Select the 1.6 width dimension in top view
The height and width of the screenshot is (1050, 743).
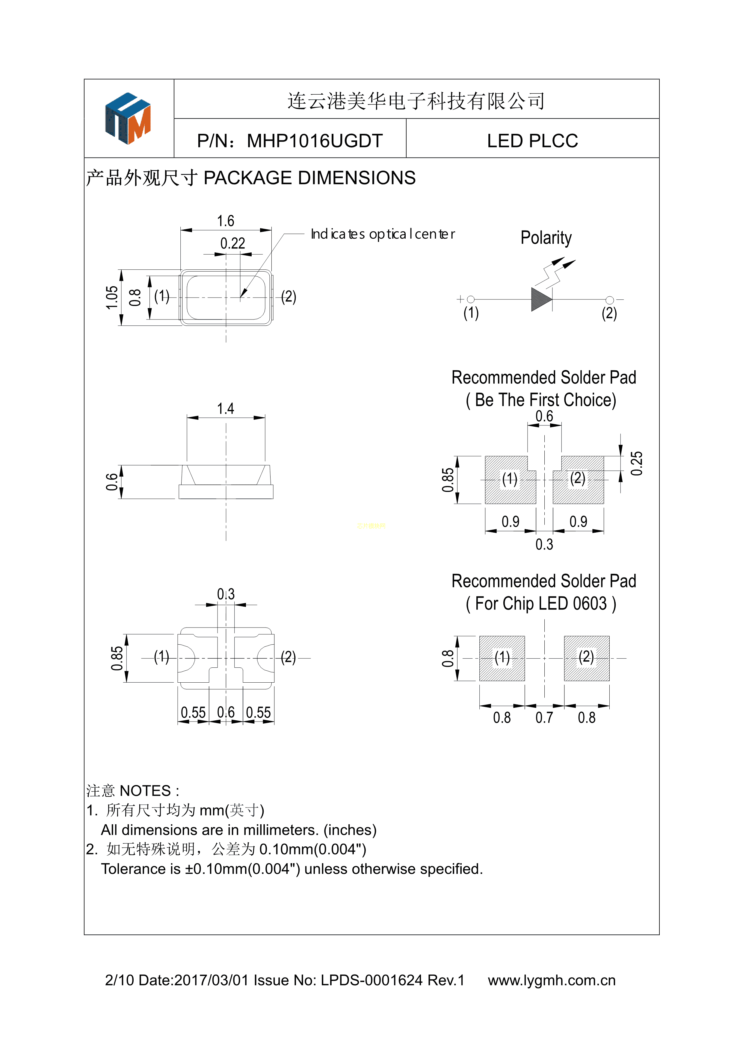[x=226, y=221]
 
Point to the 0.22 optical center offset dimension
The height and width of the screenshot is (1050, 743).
[x=232, y=243]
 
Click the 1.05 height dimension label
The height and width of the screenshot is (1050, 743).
[x=112, y=298]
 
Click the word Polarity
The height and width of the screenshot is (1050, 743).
[x=546, y=238]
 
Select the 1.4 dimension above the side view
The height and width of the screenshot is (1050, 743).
[x=226, y=408]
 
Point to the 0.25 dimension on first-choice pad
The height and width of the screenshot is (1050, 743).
[x=636, y=463]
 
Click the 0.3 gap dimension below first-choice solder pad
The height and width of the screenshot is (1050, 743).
[x=544, y=544]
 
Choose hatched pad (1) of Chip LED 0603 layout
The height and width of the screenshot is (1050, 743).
[x=502, y=658]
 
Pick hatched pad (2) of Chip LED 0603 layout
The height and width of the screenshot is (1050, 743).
[x=587, y=658]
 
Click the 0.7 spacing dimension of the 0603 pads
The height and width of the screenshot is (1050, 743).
[x=544, y=718]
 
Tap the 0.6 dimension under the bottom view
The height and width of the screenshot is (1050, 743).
[x=226, y=712]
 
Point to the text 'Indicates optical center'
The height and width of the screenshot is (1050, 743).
[x=383, y=234]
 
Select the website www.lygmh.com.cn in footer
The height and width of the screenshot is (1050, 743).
[x=551, y=980]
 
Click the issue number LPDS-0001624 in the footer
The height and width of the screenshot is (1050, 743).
[x=371, y=980]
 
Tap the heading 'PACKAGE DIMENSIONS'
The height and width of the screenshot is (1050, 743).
[x=309, y=178]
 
